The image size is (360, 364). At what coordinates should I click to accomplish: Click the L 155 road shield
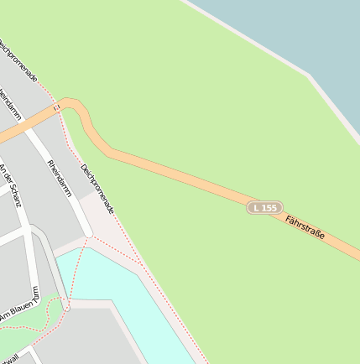pos(264,207)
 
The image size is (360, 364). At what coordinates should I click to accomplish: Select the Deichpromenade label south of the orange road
pos(97,189)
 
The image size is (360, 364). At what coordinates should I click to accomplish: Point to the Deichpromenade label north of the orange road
pos(18,59)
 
